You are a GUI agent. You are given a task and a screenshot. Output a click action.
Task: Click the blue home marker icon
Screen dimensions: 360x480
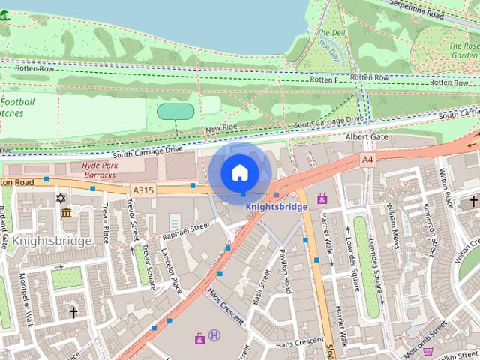(239, 173)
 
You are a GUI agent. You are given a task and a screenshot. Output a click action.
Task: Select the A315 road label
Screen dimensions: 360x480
(142, 190)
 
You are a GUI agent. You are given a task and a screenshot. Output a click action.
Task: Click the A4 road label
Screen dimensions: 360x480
(367, 160)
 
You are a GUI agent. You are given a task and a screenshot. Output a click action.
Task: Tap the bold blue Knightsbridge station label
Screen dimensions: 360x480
(277, 207)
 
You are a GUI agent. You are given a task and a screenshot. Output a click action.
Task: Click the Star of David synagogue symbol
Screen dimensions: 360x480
(61, 199)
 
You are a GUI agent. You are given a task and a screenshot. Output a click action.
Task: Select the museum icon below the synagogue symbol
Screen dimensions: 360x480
(67, 214)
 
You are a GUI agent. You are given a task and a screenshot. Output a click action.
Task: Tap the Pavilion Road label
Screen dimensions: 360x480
(286, 270)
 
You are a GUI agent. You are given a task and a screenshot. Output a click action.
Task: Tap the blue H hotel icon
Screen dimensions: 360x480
(214, 334)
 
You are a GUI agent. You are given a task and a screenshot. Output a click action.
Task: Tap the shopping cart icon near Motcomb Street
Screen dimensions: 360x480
(427, 350)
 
